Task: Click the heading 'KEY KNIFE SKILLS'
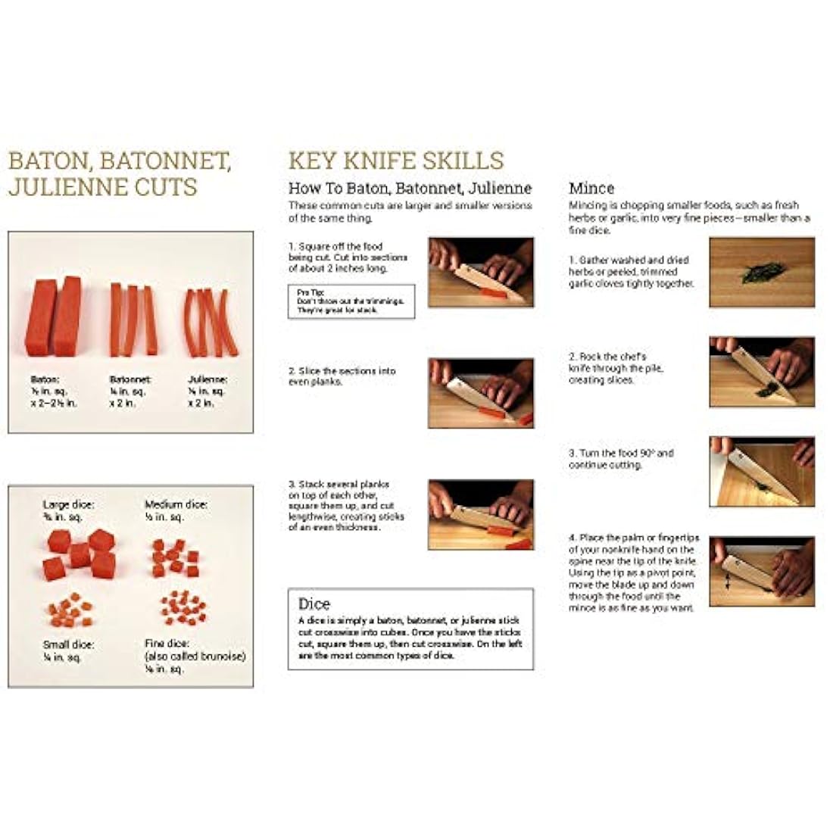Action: click(395, 161)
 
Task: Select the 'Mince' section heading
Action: click(591, 188)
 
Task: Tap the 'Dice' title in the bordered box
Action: click(314, 604)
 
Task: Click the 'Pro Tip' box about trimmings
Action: click(351, 301)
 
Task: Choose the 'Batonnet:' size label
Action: click(130, 379)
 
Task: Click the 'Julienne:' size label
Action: click(207, 379)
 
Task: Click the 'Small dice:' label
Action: click(68, 644)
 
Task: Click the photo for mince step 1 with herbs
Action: click(762, 272)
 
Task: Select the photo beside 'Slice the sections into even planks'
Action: click(481, 393)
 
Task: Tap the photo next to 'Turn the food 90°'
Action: click(762, 471)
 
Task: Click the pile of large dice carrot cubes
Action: click(80, 554)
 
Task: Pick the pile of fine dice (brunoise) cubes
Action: click(183, 607)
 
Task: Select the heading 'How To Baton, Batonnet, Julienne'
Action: click(410, 188)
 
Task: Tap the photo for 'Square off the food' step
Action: click(481, 272)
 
